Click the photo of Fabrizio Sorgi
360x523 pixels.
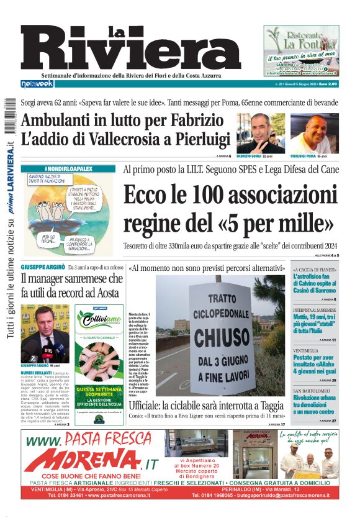click(260, 133)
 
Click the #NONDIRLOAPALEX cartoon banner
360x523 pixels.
click(68, 168)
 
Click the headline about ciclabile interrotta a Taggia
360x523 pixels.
click(206, 405)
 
